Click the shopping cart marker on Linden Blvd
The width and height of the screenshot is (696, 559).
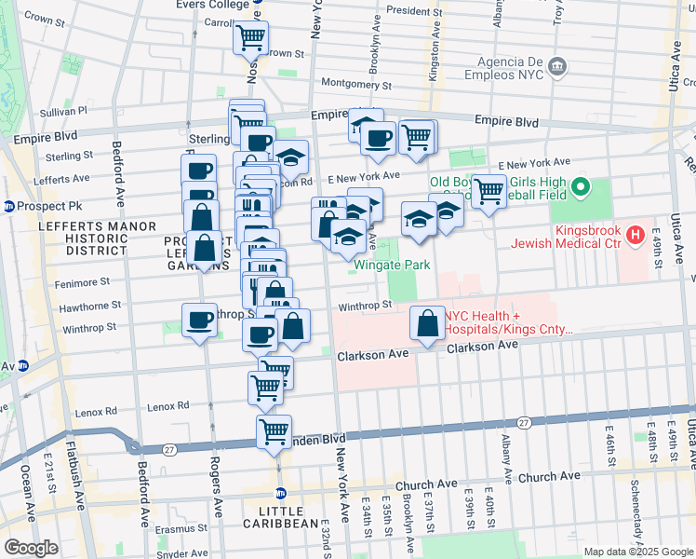tap(274, 430)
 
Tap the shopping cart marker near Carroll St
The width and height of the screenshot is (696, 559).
tap(250, 37)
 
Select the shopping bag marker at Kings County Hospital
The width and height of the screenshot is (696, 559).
tap(426, 324)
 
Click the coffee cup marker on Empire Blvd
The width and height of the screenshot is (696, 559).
tap(378, 139)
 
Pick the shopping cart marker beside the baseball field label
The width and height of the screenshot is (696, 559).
tap(488, 192)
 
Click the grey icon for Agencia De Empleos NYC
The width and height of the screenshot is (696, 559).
tap(556, 66)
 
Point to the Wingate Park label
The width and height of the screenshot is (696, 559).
tap(392, 265)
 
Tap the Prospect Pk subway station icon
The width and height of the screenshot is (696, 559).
tap(8, 205)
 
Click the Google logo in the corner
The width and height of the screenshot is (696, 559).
tap(31, 548)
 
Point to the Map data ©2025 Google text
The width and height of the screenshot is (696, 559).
tap(638, 552)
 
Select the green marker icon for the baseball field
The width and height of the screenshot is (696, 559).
tap(582, 189)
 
